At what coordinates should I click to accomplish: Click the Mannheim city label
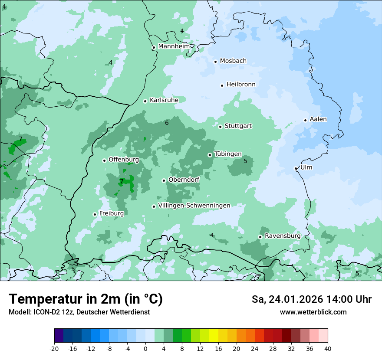(174, 46)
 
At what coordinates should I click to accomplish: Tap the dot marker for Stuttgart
(221, 127)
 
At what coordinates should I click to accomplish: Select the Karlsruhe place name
(164, 100)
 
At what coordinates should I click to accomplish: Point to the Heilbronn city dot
(222, 85)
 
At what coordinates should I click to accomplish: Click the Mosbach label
(233, 61)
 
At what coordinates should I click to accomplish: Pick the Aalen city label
(318, 119)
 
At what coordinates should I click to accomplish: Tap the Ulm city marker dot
(296, 168)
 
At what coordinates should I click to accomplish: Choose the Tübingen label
(228, 154)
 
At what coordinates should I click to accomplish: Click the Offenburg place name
(124, 160)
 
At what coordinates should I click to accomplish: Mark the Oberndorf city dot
(164, 180)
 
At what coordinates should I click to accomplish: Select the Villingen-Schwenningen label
(194, 206)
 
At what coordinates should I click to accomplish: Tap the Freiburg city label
(112, 213)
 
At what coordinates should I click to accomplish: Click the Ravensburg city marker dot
(260, 237)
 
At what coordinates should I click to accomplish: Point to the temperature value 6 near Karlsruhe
(167, 123)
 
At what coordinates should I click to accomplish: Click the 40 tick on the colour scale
(327, 348)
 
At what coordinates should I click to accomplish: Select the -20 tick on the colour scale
(54, 348)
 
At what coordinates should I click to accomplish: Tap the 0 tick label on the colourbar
(145, 348)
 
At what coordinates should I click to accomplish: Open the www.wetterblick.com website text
(313, 312)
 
